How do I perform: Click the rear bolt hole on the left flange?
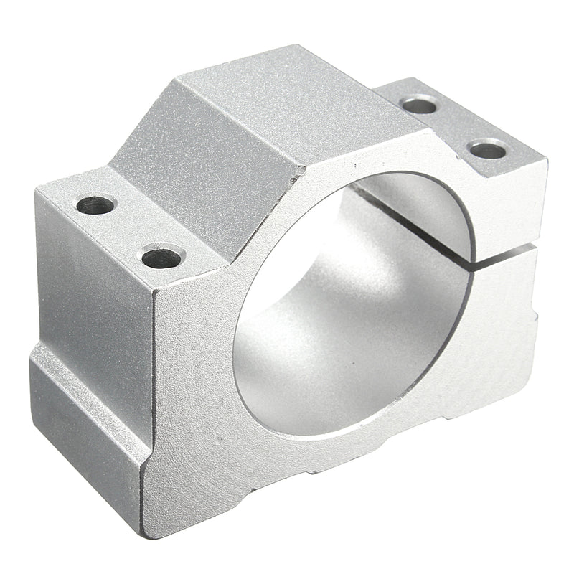click(95, 205)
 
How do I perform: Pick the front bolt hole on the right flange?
click(488, 150)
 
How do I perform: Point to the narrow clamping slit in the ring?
click(502, 251)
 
